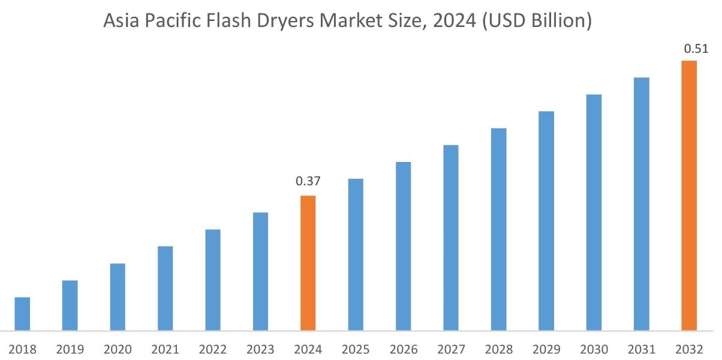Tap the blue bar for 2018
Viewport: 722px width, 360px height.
click(22, 314)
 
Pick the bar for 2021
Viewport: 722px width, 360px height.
click(165, 288)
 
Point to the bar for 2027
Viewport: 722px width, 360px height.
click(451, 238)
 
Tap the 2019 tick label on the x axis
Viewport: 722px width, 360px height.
click(70, 349)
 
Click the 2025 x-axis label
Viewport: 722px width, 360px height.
click(356, 349)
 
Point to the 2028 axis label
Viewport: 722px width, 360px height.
click(498, 349)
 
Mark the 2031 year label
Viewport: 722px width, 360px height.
click(642, 349)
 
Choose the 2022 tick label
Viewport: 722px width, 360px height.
click(213, 349)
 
